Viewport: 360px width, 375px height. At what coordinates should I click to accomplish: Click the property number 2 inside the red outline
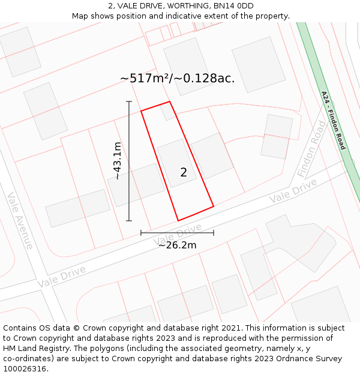click(x=184, y=172)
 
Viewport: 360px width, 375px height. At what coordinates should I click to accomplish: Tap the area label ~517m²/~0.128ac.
click(x=177, y=79)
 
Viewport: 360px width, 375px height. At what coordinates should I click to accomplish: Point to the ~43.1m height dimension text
click(x=118, y=161)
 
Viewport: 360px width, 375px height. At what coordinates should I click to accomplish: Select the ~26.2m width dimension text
click(x=177, y=245)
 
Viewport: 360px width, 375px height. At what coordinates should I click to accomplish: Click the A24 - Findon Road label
click(x=334, y=120)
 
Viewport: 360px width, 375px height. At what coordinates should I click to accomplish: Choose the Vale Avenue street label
click(x=20, y=220)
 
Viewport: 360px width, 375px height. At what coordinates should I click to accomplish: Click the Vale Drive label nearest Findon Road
click(x=293, y=191)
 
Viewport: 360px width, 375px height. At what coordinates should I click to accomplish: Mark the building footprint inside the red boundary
click(x=177, y=163)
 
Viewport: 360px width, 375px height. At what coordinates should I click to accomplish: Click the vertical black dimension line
click(x=128, y=161)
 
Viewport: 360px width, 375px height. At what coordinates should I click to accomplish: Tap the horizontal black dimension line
click(x=177, y=233)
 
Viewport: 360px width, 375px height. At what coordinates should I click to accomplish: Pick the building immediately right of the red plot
click(x=212, y=155)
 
